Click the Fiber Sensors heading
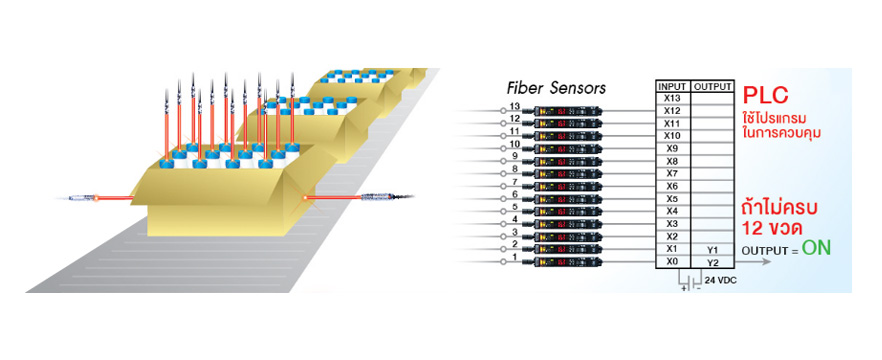pyautogui.click(x=555, y=87)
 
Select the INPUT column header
pyautogui.click(x=671, y=86)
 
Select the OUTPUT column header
pyautogui.click(x=712, y=86)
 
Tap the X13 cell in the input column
pyautogui.click(x=671, y=98)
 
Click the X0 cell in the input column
pyautogui.click(x=671, y=262)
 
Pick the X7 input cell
pyautogui.click(x=671, y=173)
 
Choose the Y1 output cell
pyautogui.click(x=712, y=249)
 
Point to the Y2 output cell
pyautogui.click(x=712, y=262)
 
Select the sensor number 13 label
pyautogui.click(x=514, y=107)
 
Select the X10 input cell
pyautogui.click(x=671, y=135)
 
